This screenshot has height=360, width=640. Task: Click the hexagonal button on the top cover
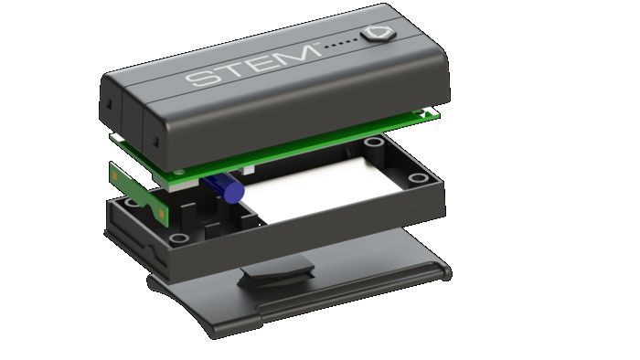click(379, 33)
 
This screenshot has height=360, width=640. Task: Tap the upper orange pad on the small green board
click(114, 175)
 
